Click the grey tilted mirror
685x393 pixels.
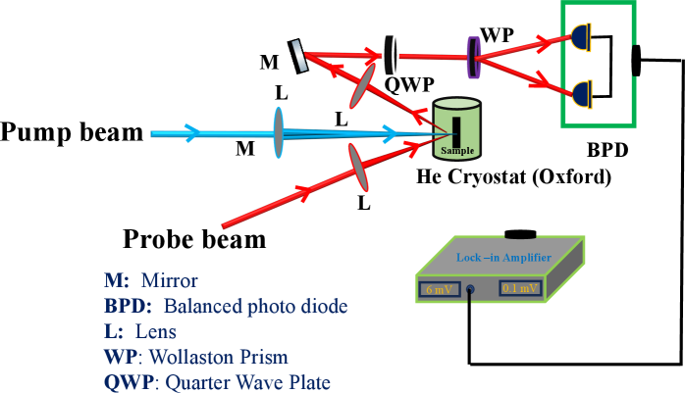(299, 56)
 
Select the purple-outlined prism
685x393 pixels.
(473, 58)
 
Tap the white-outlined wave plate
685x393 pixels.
(390, 54)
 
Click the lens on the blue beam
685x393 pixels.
(279, 132)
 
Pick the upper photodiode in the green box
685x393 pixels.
(580, 39)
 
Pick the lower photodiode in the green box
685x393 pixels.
(580, 95)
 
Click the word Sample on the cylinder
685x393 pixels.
(457, 151)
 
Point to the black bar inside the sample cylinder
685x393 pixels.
(456, 128)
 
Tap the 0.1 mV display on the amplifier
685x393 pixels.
(519, 288)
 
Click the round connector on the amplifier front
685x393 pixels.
(471, 290)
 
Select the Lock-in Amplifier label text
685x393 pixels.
(503, 258)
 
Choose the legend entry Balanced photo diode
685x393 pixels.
(226, 307)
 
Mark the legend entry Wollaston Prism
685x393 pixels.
(196, 357)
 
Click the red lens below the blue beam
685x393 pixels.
(358, 167)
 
